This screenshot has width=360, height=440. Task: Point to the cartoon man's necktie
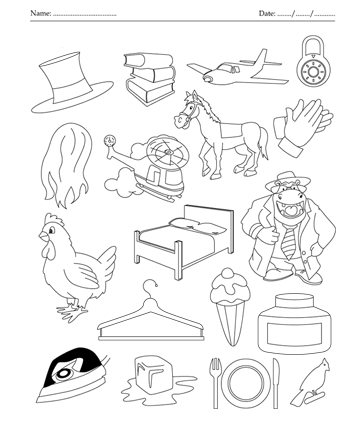click(287, 239)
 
